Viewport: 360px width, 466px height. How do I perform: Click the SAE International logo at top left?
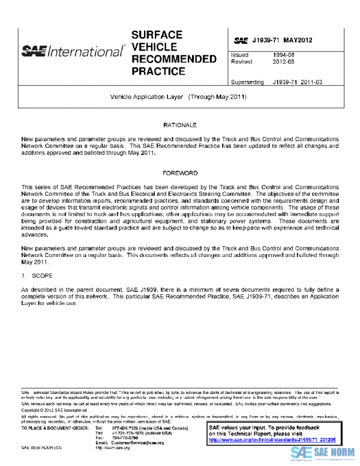tap(72, 51)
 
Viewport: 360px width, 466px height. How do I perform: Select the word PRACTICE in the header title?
tap(158, 71)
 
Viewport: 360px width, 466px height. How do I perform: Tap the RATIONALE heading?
tap(180, 124)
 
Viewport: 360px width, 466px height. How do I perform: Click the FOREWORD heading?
tap(180, 173)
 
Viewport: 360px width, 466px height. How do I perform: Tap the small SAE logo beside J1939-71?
tap(241, 41)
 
